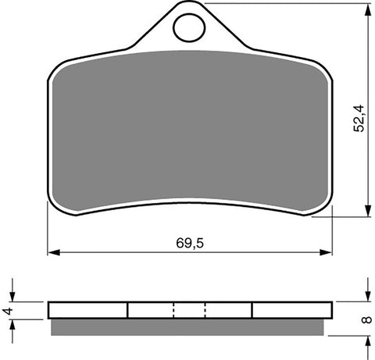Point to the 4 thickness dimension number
tap(7, 310)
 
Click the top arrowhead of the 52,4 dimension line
tap(366, 7)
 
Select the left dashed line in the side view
tap(174, 310)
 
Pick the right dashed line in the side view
tap(205, 310)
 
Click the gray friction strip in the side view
tap(188, 326)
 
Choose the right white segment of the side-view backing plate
tap(290, 310)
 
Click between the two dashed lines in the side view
tap(190, 310)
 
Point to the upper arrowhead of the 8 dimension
tap(366, 298)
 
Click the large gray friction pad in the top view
tap(188, 133)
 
